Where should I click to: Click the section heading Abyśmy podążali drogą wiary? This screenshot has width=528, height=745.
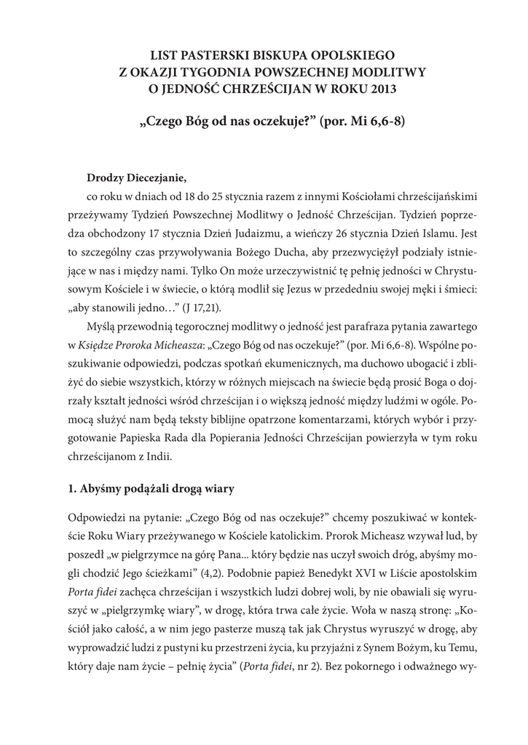click(x=150, y=489)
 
